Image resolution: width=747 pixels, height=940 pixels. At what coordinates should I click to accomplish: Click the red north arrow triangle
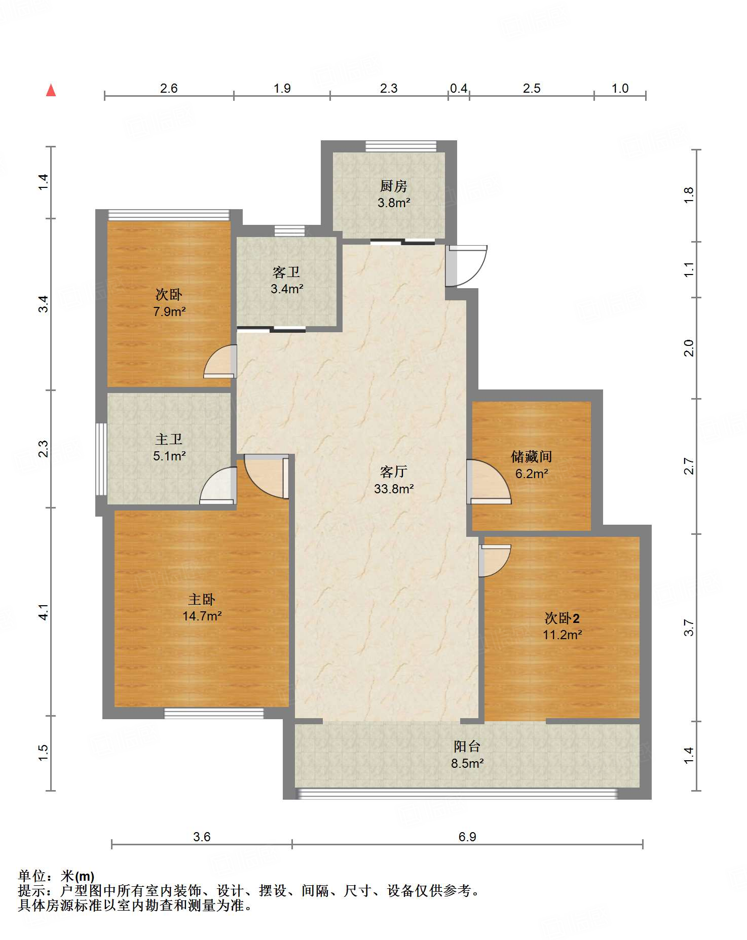click(51, 90)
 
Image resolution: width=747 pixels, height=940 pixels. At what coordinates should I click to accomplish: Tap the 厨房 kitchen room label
click(393, 186)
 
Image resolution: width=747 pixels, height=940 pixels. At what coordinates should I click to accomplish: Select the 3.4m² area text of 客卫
click(287, 289)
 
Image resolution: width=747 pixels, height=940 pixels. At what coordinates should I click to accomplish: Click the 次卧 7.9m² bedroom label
click(169, 294)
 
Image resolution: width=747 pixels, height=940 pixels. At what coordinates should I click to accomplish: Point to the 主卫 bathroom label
click(169, 439)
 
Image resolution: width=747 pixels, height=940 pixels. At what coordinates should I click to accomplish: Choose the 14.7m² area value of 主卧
click(202, 616)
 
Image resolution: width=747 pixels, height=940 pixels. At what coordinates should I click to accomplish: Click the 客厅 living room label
click(394, 472)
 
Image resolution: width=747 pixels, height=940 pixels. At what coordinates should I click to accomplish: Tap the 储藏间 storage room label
click(532, 457)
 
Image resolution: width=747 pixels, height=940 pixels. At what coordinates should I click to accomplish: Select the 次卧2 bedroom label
click(562, 618)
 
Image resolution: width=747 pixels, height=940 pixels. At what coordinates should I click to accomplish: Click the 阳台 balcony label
click(467, 747)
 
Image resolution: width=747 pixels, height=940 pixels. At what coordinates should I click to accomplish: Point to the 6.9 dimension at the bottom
click(467, 837)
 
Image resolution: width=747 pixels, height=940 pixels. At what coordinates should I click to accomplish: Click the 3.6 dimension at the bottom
click(202, 837)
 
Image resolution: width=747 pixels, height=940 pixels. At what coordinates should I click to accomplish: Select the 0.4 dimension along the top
click(459, 89)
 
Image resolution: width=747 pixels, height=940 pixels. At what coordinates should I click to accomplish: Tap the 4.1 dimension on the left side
click(44, 612)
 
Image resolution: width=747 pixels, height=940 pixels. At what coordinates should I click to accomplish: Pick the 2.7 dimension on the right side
click(688, 466)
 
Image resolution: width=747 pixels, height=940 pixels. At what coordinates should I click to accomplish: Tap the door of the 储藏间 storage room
click(489, 482)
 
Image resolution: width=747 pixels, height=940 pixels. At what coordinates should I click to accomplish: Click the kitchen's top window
click(401, 146)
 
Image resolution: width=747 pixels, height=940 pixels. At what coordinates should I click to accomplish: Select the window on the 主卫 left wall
click(101, 459)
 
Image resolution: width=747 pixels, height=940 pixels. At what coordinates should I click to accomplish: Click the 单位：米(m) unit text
click(56, 876)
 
